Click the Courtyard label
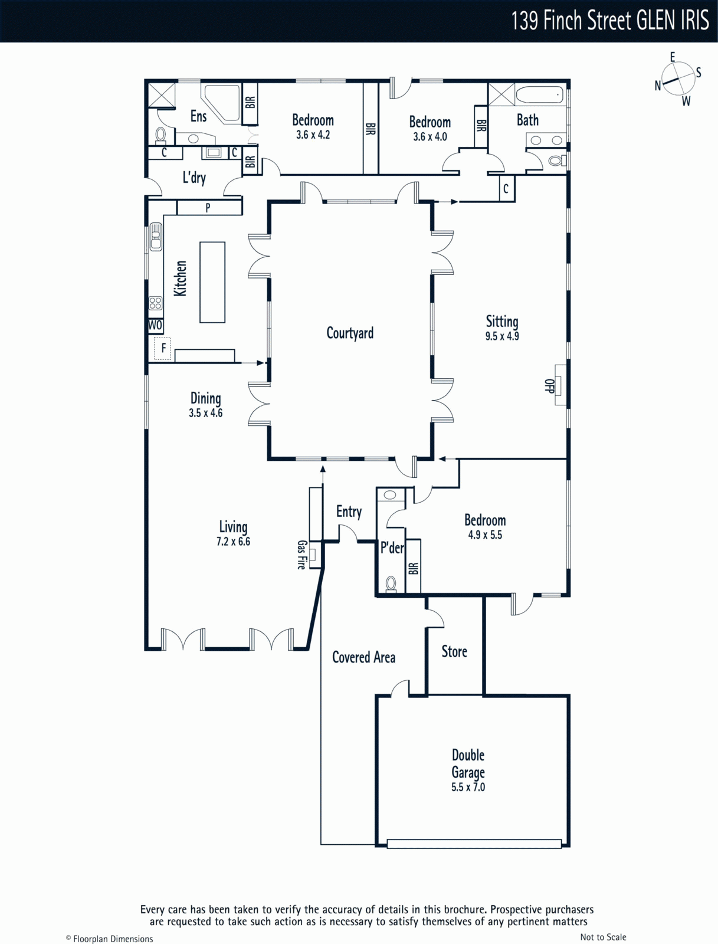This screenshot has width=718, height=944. click(350, 333)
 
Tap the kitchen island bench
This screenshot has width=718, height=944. click(212, 282)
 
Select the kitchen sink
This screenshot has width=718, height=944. click(156, 237)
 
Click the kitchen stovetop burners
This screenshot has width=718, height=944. click(156, 303)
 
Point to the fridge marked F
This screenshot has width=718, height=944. click(163, 348)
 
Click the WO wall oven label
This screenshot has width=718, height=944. click(155, 325)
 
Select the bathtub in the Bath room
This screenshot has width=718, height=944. click(540, 95)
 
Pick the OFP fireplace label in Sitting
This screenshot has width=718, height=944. click(549, 386)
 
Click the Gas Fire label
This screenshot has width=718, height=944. click(301, 555)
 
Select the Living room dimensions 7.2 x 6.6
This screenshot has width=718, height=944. click(233, 542)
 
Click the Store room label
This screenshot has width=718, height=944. click(454, 651)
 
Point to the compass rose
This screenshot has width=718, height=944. click(678, 79)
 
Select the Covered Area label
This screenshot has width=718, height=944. click(364, 658)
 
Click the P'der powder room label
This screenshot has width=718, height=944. click(392, 548)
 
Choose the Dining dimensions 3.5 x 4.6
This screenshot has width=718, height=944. click(205, 414)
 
